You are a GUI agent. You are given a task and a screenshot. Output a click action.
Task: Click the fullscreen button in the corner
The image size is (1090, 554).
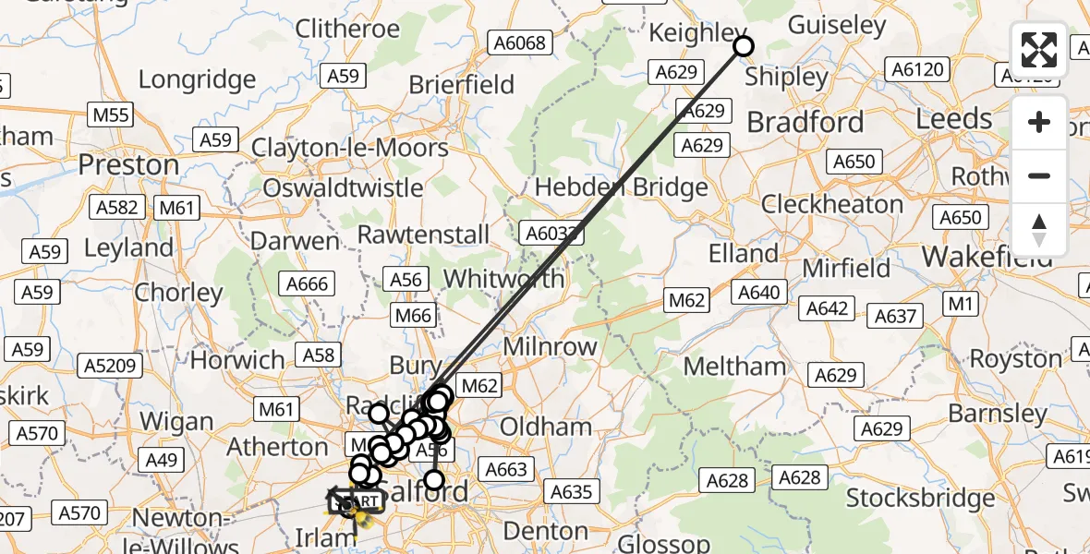click(1039, 50)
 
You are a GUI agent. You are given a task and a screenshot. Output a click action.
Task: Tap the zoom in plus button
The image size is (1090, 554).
click(1039, 123)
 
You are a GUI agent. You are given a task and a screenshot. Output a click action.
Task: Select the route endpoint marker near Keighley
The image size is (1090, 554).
click(743, 45)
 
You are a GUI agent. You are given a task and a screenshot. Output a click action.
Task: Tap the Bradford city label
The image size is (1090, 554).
click(805, 122)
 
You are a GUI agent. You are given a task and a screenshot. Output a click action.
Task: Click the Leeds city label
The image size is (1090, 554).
click(954, 119)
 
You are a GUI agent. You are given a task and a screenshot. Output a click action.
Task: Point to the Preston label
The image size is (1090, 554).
click(128, 165)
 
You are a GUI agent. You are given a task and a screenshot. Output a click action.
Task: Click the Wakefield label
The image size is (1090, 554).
click(987, 256)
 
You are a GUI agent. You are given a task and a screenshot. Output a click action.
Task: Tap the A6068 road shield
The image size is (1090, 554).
click(520, 42)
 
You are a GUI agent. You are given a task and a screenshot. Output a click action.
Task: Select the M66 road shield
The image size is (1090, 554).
click(413, 316)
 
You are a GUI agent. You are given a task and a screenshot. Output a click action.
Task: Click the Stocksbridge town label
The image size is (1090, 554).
click(920, 499)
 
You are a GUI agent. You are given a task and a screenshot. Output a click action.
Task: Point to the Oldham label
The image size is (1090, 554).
click(545, 427)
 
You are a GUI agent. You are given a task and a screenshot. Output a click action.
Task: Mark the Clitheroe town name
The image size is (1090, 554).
click(347, 29)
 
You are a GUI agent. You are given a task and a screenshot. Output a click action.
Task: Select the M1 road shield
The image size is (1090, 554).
click(962, 304)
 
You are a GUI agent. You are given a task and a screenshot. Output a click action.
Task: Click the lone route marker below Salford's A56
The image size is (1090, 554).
click(433, 480)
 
